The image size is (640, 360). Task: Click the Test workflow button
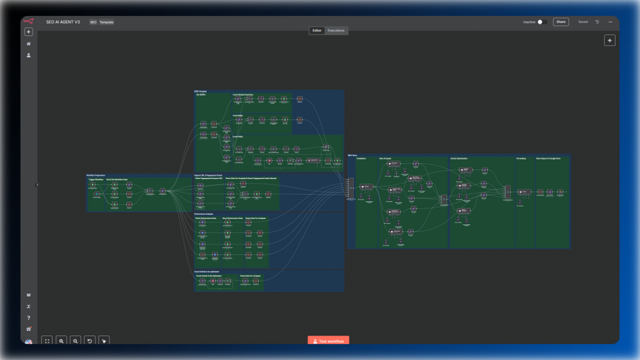tap(329, 342)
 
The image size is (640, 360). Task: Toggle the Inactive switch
tap(541, 22)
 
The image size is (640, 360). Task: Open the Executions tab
tap(336, 31)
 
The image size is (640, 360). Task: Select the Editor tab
tap(316, 31)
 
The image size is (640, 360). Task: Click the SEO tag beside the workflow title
tap(93, 22)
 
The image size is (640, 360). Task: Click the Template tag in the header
tap(106, 22)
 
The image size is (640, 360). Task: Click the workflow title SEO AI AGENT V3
tap(63, 22)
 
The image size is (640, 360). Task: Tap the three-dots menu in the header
tap(610, 22)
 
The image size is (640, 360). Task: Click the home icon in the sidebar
tap(29, 44)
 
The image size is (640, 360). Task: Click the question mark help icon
tap(29, 318)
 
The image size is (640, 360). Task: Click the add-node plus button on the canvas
tap(609, 41)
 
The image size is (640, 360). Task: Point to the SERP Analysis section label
tap(201, 92)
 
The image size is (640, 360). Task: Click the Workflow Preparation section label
tap(96, 175)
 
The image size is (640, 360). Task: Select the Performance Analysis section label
tap(204, 214)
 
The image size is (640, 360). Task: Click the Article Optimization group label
tap(459, 159)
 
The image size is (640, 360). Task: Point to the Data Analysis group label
tap(385, 159)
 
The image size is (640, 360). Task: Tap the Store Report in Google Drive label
tap(548, 159)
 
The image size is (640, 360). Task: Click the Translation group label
tap(361, 159)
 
